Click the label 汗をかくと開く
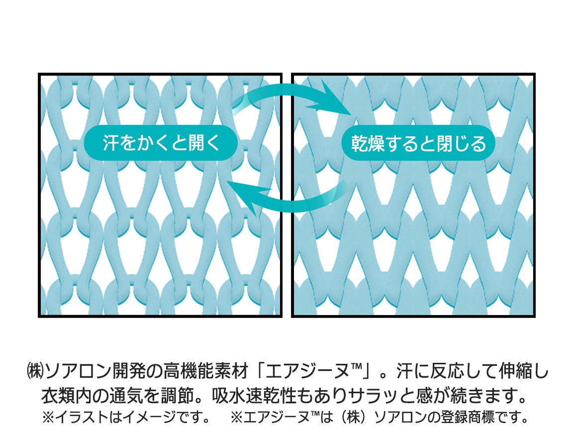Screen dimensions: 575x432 click(161, 143)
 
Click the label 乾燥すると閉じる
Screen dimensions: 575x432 click(418, 143)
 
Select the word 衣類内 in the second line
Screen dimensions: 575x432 click(66, 396)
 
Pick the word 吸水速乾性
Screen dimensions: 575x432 click(254, 396)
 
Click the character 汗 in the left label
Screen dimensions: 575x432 click(110, 143)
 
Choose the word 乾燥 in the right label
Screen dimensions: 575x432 click(368, 143)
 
